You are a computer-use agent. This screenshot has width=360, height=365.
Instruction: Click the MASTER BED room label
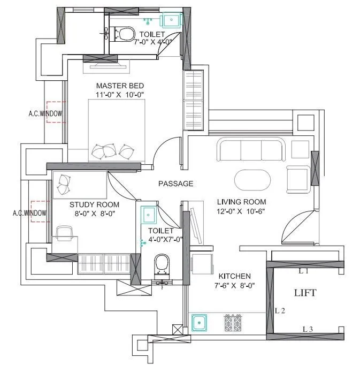[119, 86]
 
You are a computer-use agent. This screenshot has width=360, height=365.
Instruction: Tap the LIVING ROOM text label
[241, 202]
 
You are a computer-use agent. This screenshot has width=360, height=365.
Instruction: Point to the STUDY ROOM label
[94, 204]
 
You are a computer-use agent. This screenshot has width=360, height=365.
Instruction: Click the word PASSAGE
[175, 184]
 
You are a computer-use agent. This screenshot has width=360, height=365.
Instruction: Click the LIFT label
[305, 293]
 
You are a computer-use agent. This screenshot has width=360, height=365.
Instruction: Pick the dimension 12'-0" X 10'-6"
[241, 211]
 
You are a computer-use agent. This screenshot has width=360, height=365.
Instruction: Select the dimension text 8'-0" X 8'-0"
[94, 213]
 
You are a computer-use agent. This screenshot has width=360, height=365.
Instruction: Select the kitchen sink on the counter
[200, 323]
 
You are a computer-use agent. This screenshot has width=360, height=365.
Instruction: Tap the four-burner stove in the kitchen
[233, 323]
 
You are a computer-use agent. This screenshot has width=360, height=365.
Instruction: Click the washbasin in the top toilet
[173, 20]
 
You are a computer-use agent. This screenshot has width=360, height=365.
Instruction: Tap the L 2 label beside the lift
[279, 310]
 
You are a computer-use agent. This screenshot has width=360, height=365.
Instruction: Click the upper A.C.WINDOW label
[45, 113]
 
